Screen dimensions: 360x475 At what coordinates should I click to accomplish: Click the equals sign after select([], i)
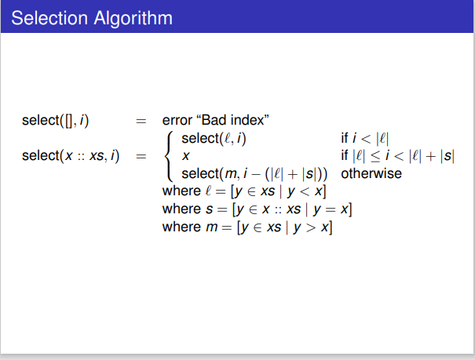point(141,121)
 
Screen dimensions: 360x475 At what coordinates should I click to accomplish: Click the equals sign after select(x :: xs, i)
point(141,156)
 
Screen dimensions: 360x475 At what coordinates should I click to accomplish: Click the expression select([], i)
point(56,121)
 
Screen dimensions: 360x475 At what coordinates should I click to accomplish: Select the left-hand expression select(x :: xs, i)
point(71,156)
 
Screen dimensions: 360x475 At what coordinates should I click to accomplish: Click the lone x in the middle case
point(185,156)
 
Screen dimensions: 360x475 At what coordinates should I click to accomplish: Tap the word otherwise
point(371,173)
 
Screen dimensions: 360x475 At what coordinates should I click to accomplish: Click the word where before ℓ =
point(181,191)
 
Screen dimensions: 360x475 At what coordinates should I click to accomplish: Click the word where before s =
point(181,209)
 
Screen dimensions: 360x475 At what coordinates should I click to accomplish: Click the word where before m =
point(181,227)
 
